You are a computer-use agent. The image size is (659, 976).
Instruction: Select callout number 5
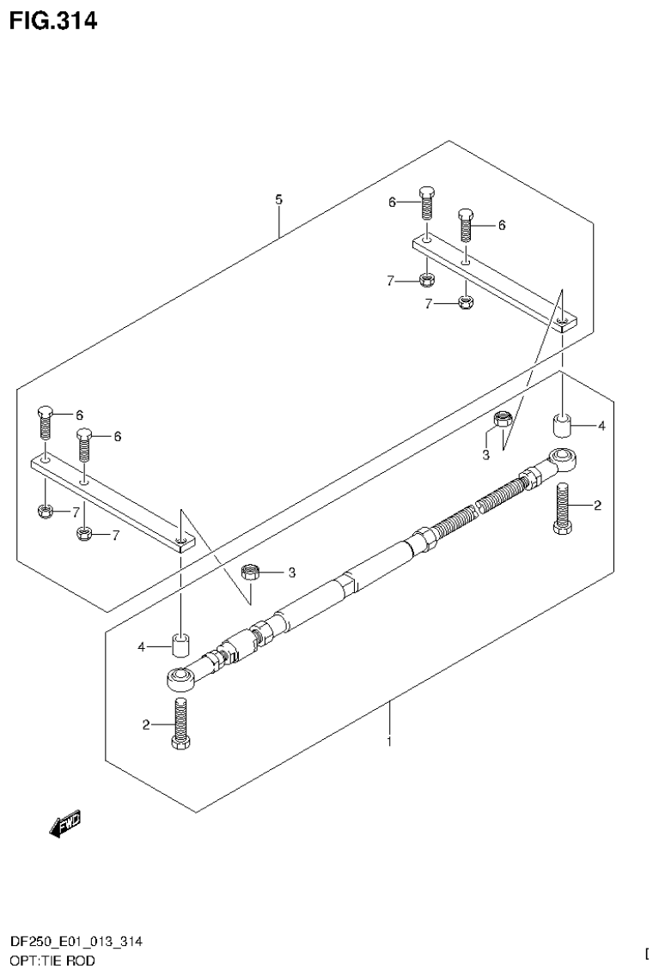click(x=278, y=199)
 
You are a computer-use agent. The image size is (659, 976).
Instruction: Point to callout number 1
click(x=388, y=741)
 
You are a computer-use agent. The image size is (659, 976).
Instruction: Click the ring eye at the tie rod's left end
click(x=181, y=679)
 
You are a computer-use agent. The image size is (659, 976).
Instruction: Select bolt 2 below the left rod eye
click(x=180, y=724)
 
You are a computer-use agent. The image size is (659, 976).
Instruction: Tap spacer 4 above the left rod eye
click(x=181, y=645)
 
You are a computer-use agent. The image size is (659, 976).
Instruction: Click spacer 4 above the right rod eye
click(x=562, y=426)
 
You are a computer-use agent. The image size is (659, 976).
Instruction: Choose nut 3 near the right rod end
click(x=504, y=421)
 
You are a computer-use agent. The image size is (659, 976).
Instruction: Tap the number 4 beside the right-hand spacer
click(x=601, y=426)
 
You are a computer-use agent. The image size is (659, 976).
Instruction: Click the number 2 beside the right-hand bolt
click(x=596, y=506)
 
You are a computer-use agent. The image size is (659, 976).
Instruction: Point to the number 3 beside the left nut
click(x=291, y=572)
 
